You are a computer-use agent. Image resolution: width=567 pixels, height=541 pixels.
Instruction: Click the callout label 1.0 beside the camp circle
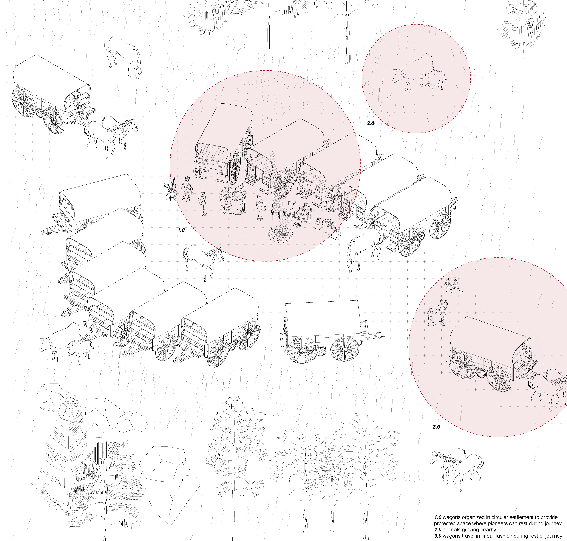(x=181, y=230)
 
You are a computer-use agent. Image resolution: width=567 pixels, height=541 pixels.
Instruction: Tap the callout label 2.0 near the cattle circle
(x=370, y=123)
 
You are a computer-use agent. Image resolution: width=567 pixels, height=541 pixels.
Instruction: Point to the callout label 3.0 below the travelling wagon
(x=436, y=427)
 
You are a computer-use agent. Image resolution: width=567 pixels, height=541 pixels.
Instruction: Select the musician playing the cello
(x=171, y=189)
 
